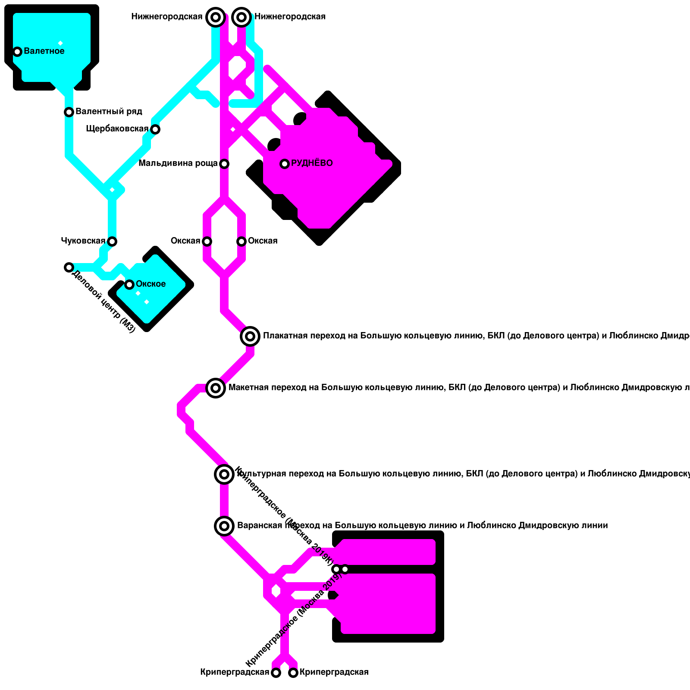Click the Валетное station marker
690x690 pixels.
pyautogui.click(x=17, y=52)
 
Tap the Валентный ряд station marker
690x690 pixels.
pyautogui.click(x=69, y=112)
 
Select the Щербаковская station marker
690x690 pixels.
pyautogui.click(x=155, y=129)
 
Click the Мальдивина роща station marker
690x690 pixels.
pyautogui.click(x=224, y=164)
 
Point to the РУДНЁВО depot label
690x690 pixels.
pyautogui.click(x=312, y=163)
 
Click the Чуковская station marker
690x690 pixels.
pyautogui.click(x=112, y=241)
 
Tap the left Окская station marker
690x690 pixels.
pyautogui.click(x=207, y=241)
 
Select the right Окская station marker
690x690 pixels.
pyautogui.click(x=241, y=241)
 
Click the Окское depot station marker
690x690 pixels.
pyautogui.click(x=129, y=285)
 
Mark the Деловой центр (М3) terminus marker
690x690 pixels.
pyautogui.click(x=69, y=267)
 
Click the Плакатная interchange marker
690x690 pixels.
pyautogui.click(x=250, y=336)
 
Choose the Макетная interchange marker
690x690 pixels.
pyautogui.click(x=216, y=388)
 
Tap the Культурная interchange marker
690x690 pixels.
pyautogui.click(x=224, y=474)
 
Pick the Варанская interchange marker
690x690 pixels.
pyautogui.click(x=224, y=526)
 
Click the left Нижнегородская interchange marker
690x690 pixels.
pyautogui.click(x=216, y=17)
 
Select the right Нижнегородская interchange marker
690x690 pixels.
pyautogui.click(x=241, y=17)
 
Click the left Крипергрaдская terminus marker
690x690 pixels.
pyautogui.click(x=276, y=673)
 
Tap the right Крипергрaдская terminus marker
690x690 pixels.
pyautogui.click(x=293, y=673)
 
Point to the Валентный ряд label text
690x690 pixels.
pyautogui.click(x=109, y=111)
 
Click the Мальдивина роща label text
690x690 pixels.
pyautogui.click(x=178, y=163)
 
